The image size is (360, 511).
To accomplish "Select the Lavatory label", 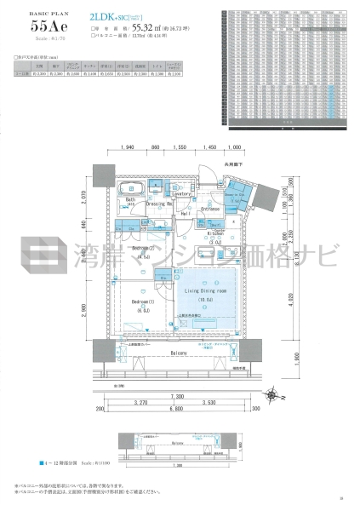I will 180,194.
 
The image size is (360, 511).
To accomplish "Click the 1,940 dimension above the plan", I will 129,147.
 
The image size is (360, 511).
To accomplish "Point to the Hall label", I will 185,214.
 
